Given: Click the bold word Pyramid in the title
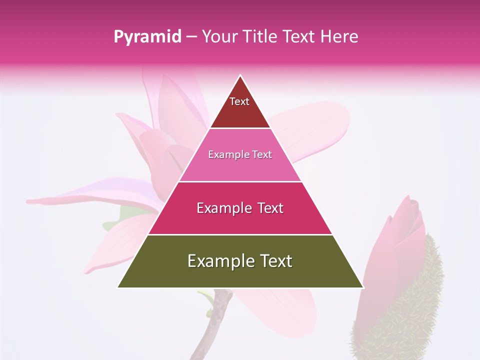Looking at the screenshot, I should click(147, 37).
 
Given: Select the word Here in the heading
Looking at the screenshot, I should click(340, 36).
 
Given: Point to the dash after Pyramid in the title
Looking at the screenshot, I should click(191, 37).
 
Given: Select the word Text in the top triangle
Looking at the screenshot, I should click(239, 101).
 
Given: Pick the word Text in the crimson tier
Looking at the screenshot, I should click(269, 208).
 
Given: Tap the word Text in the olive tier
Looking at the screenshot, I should click(275, 261).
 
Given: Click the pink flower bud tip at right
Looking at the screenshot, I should click(414, 203).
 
